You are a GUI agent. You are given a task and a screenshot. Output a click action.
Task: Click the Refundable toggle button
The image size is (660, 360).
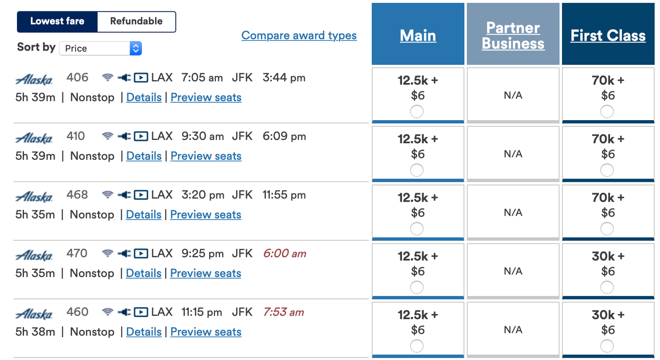pos(136,22)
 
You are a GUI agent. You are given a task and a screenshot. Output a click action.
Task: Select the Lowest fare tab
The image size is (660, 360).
pos(57,22)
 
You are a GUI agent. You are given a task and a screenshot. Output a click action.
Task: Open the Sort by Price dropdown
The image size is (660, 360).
pos(100,49)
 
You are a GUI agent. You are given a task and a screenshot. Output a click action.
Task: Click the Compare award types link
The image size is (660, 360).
pos(299,36)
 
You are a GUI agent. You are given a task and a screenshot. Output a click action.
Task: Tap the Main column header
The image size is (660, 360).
pos(418,36)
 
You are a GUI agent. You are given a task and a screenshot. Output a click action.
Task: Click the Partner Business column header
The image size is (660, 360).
pos(513,36)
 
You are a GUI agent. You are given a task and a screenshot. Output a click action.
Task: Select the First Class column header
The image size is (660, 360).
pos(608,36)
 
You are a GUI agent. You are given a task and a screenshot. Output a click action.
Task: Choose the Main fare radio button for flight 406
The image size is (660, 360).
pos(417,112)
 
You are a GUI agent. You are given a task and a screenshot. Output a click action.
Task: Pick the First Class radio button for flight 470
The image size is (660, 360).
pos(607,287)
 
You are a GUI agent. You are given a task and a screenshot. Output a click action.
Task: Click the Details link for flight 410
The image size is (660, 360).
pos(144,156)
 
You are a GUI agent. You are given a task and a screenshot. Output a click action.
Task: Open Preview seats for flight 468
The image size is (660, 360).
pos(206,215)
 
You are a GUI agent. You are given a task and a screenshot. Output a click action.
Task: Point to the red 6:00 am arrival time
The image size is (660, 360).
pos(285,254)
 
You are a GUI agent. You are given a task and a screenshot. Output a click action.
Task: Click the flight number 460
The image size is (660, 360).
pos(77,312)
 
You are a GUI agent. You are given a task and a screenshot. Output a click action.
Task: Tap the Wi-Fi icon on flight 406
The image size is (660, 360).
pos(108,78)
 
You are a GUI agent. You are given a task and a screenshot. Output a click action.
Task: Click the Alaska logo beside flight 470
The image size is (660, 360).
pos(34,256)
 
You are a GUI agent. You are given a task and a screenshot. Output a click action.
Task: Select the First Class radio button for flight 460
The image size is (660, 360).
pos(607,346)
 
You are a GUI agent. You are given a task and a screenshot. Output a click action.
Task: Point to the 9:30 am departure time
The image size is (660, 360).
pos(203,137)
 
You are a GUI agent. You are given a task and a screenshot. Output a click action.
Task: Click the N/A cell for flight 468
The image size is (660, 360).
pos(513,213)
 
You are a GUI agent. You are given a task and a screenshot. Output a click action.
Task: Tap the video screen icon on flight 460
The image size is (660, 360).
pos(140,312)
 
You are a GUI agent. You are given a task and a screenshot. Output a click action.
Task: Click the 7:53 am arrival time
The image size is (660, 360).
pos(284,312)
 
